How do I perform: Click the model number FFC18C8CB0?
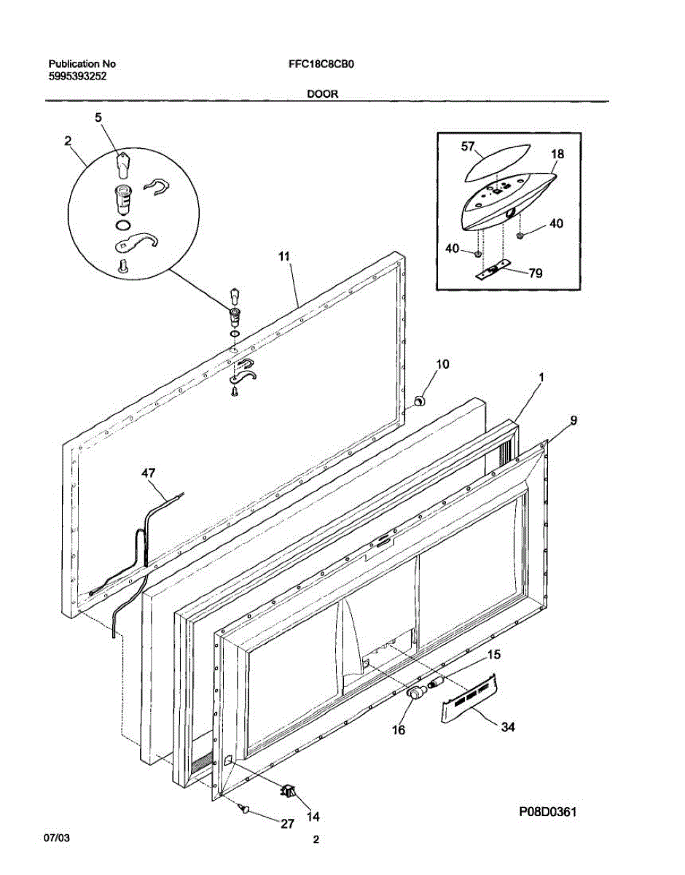pos(321,63)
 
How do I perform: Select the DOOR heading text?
pos(321,94)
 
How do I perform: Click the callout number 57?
pos(469,147)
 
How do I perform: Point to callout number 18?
pos(557,155)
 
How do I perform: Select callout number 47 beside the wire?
pos(149,474)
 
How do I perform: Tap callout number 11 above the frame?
pos(283,256)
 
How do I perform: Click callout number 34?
pos(508,726)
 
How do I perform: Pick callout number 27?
pos(288,824)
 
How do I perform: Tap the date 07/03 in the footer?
pos(58,840)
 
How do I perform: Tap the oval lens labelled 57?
pos(490,166)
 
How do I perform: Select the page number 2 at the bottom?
pos(316,840)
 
